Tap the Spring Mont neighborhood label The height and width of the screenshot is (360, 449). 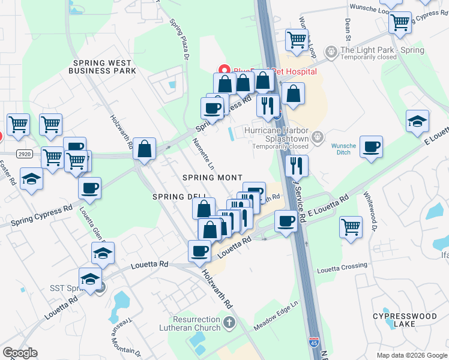[x=213, y=178]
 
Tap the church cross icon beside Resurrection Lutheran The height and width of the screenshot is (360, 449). [x=229, y=324]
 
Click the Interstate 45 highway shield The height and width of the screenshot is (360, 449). [x=314, y=343]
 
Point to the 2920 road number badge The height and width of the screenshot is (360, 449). [x=24, y=154]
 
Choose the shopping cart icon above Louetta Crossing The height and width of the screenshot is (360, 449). [x=351, y=227]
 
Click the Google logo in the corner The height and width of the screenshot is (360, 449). [x=20, y=353]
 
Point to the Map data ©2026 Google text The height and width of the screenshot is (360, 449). [x=411, y=355]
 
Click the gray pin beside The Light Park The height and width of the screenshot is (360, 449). [x=330, y=52]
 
